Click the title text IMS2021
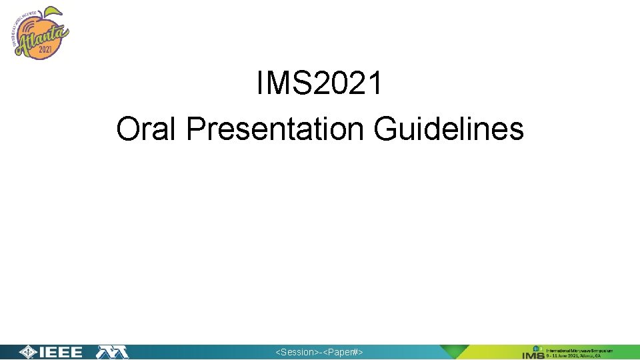click(x=319, y=85)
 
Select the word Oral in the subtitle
click(x=147, y=129)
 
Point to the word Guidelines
click(x=449, y=129)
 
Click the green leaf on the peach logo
click(x=53, y=12)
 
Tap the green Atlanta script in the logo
click(x=42, y=35)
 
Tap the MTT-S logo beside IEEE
click(x=112, y=352)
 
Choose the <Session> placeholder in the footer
click(x=297, y=352)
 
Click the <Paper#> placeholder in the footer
click(x=343, y=352)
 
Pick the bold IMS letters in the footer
click(x=533, y=354)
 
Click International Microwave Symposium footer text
click(x=579, y=349)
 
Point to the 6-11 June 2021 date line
click(x=573, y=356)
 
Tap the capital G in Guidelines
click(x=386, y=129)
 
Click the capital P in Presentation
click(x=194, y=129)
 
